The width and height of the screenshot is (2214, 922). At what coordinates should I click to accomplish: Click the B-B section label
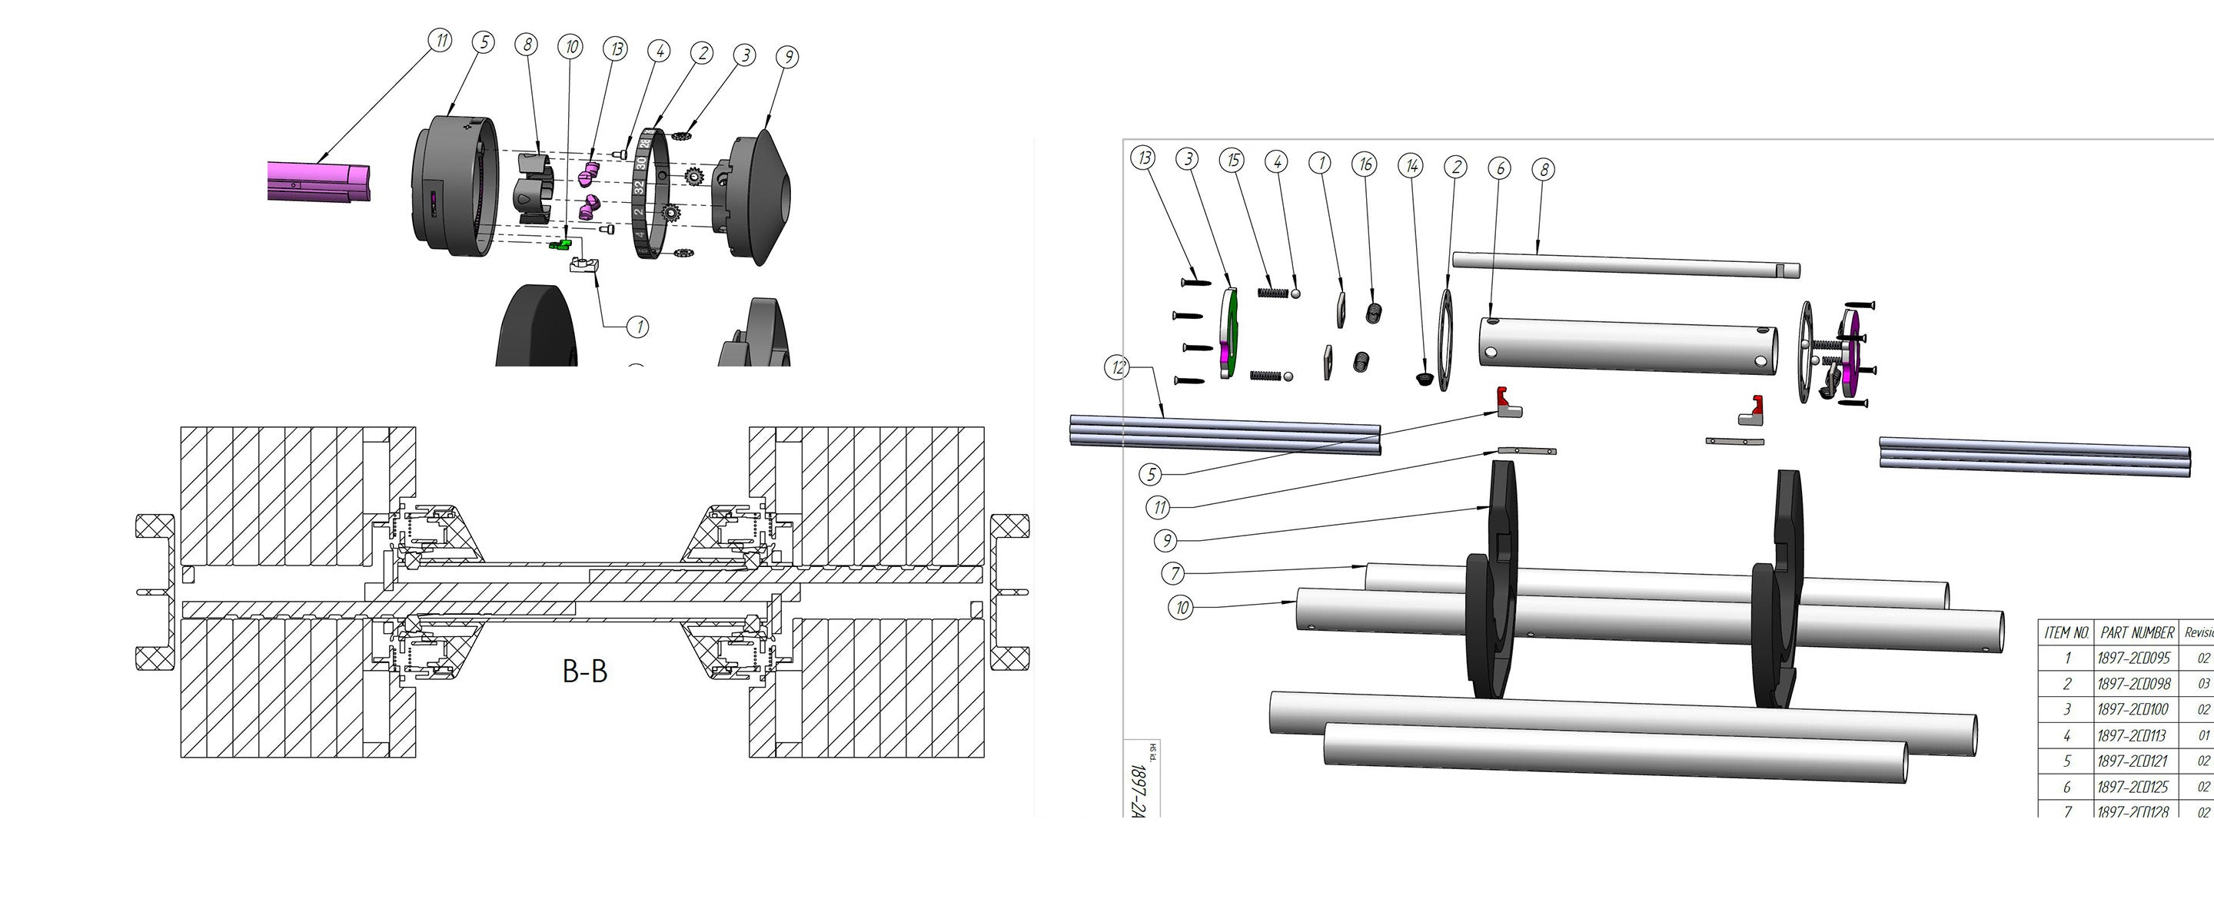tap(584, 671)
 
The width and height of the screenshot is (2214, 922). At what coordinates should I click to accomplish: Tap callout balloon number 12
tap(1117, 368)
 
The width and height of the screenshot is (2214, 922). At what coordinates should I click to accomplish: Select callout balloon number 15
tap(1233, 160)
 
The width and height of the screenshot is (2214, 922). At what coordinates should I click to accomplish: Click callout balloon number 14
tap(1411, 165)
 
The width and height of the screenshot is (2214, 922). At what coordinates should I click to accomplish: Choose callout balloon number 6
tap(1500, 168)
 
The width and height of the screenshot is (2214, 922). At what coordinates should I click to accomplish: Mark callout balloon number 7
tap(1175, 573)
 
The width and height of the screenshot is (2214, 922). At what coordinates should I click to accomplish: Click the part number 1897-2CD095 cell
tap(2134, 658)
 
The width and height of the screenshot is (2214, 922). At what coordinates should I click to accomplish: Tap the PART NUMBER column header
tap(2136, 632)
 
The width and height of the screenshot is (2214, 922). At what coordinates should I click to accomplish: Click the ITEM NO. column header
tap(2067, 632)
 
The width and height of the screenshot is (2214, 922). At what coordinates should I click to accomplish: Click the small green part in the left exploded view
tap(560, 245)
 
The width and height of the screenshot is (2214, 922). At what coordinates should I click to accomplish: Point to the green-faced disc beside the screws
tap(1230, 333)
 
